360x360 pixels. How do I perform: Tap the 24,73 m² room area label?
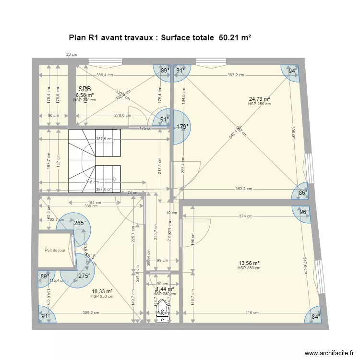coord(259,99)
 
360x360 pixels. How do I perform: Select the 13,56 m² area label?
coord(249,263)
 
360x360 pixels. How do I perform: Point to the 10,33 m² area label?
coord(102,291)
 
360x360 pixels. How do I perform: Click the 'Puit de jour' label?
coord(55,250)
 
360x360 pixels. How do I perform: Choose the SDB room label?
coord(84,89)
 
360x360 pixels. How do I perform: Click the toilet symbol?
coord(164,309)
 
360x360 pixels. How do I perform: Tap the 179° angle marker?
coord(182,127)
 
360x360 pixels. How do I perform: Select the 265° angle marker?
coord(80,223)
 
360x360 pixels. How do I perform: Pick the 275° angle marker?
coord(84,276)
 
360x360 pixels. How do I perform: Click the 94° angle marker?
coord(292,71)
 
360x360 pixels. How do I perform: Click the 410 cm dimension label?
coord(252,312)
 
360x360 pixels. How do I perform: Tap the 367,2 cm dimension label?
coord(236,75)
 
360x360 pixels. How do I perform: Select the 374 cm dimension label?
coord(245,216)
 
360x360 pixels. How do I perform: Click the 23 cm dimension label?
coord(72,55)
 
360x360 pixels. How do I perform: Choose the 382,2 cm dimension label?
coord(243,189)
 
